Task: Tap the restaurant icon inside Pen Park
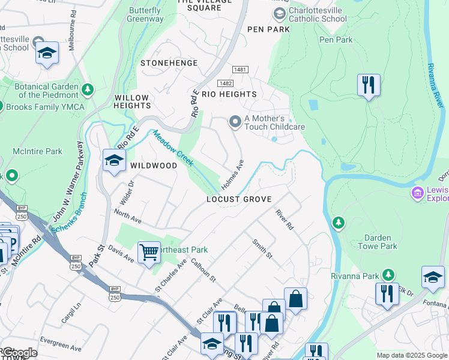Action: (x=368, y=85)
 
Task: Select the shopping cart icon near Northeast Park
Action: (x=148, y=252)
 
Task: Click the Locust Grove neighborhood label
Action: (x=239, y=199)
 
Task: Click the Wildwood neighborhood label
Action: (x=154, y=166)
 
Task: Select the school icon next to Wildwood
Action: (x=113, y=160)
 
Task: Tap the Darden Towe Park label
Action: (x=378, y=242)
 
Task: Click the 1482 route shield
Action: (x=225, y=83)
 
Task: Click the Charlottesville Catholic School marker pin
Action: (x=279, y=14)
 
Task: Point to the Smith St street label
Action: (x=262, y=248)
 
